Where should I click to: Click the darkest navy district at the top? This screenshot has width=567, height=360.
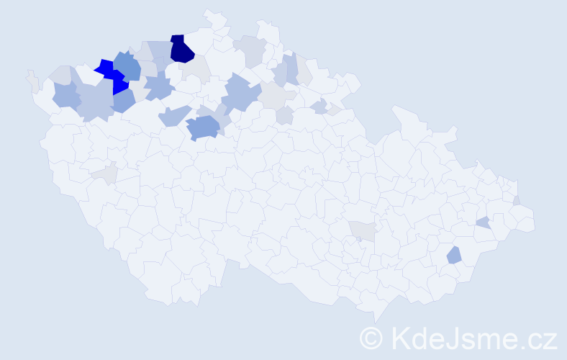pyautogui.click(x=181, y=49)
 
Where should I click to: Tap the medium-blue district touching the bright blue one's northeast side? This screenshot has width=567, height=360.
pyautogui.click(x=128, y=66)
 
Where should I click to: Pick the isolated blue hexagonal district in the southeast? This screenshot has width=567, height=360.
pyautogui.click(x=454, y=254)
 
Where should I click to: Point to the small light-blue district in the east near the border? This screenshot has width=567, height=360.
pyautogui.click(x=484, y=222)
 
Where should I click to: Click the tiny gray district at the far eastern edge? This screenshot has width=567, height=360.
pyautogui.click(x=517, y=200)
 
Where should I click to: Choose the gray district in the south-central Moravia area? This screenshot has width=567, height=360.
pyautogui.click(x=363, y=230)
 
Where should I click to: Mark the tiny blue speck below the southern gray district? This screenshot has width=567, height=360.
pyautogui.click(x=359, y=239)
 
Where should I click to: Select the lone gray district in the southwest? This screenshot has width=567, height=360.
pyautogui.click(x=105, y=173)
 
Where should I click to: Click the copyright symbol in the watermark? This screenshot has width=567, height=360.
pyautogui.click(x=371, y=337)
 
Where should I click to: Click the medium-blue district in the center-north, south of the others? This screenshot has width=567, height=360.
pyautogui.click(x=203, y=127)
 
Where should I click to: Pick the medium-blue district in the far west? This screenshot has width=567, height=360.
pyautogui.click(x=65, y=94)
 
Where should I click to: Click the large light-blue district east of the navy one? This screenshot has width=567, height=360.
pyautogui.click(x=241, y=94)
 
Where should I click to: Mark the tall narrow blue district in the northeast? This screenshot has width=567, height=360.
pyautogui.click(x=292, y=68)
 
